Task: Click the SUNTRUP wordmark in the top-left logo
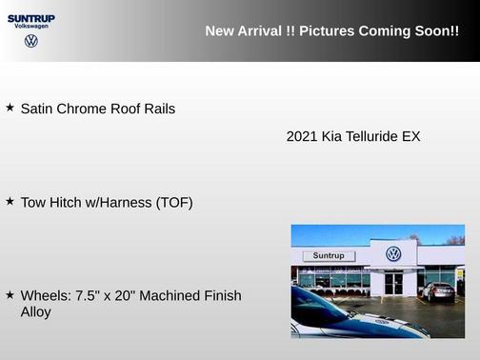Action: coord(31,17)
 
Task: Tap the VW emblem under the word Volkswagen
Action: coord(31,41)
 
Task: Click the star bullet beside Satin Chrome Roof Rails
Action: coord(10,108)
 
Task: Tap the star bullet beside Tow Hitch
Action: coord(10,201)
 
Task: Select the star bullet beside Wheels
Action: coord(10,295)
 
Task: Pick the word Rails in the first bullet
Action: coord(156,109)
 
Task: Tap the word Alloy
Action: coord(35,311)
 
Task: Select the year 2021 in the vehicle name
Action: coord(302,136)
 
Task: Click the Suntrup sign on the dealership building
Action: coord(329,255)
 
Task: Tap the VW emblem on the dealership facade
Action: coord(393,253)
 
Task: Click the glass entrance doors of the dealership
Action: coord(394,283)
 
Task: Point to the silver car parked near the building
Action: coord(438,291)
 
